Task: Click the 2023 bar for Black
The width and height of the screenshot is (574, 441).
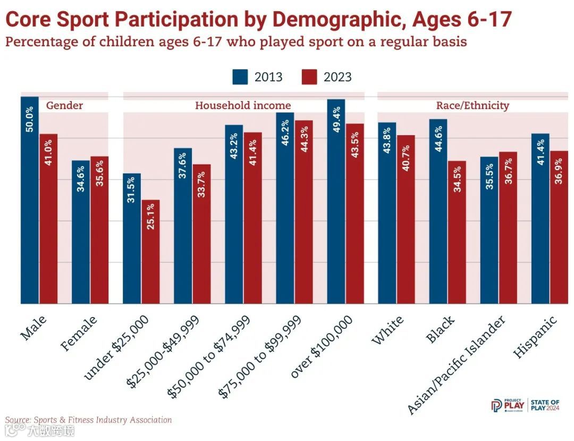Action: [x=457, y=232]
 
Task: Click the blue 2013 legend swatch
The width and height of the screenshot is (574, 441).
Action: [x=240, y=77]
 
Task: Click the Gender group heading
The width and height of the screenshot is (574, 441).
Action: [x=64, y=105]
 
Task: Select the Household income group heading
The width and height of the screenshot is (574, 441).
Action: [x=243, y=105]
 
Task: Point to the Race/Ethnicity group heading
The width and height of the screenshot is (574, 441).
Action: [x=472, y=105]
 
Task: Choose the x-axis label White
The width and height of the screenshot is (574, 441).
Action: [x=387, y=330]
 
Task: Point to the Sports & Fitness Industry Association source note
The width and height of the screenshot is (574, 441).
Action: [x=89, y=420]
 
